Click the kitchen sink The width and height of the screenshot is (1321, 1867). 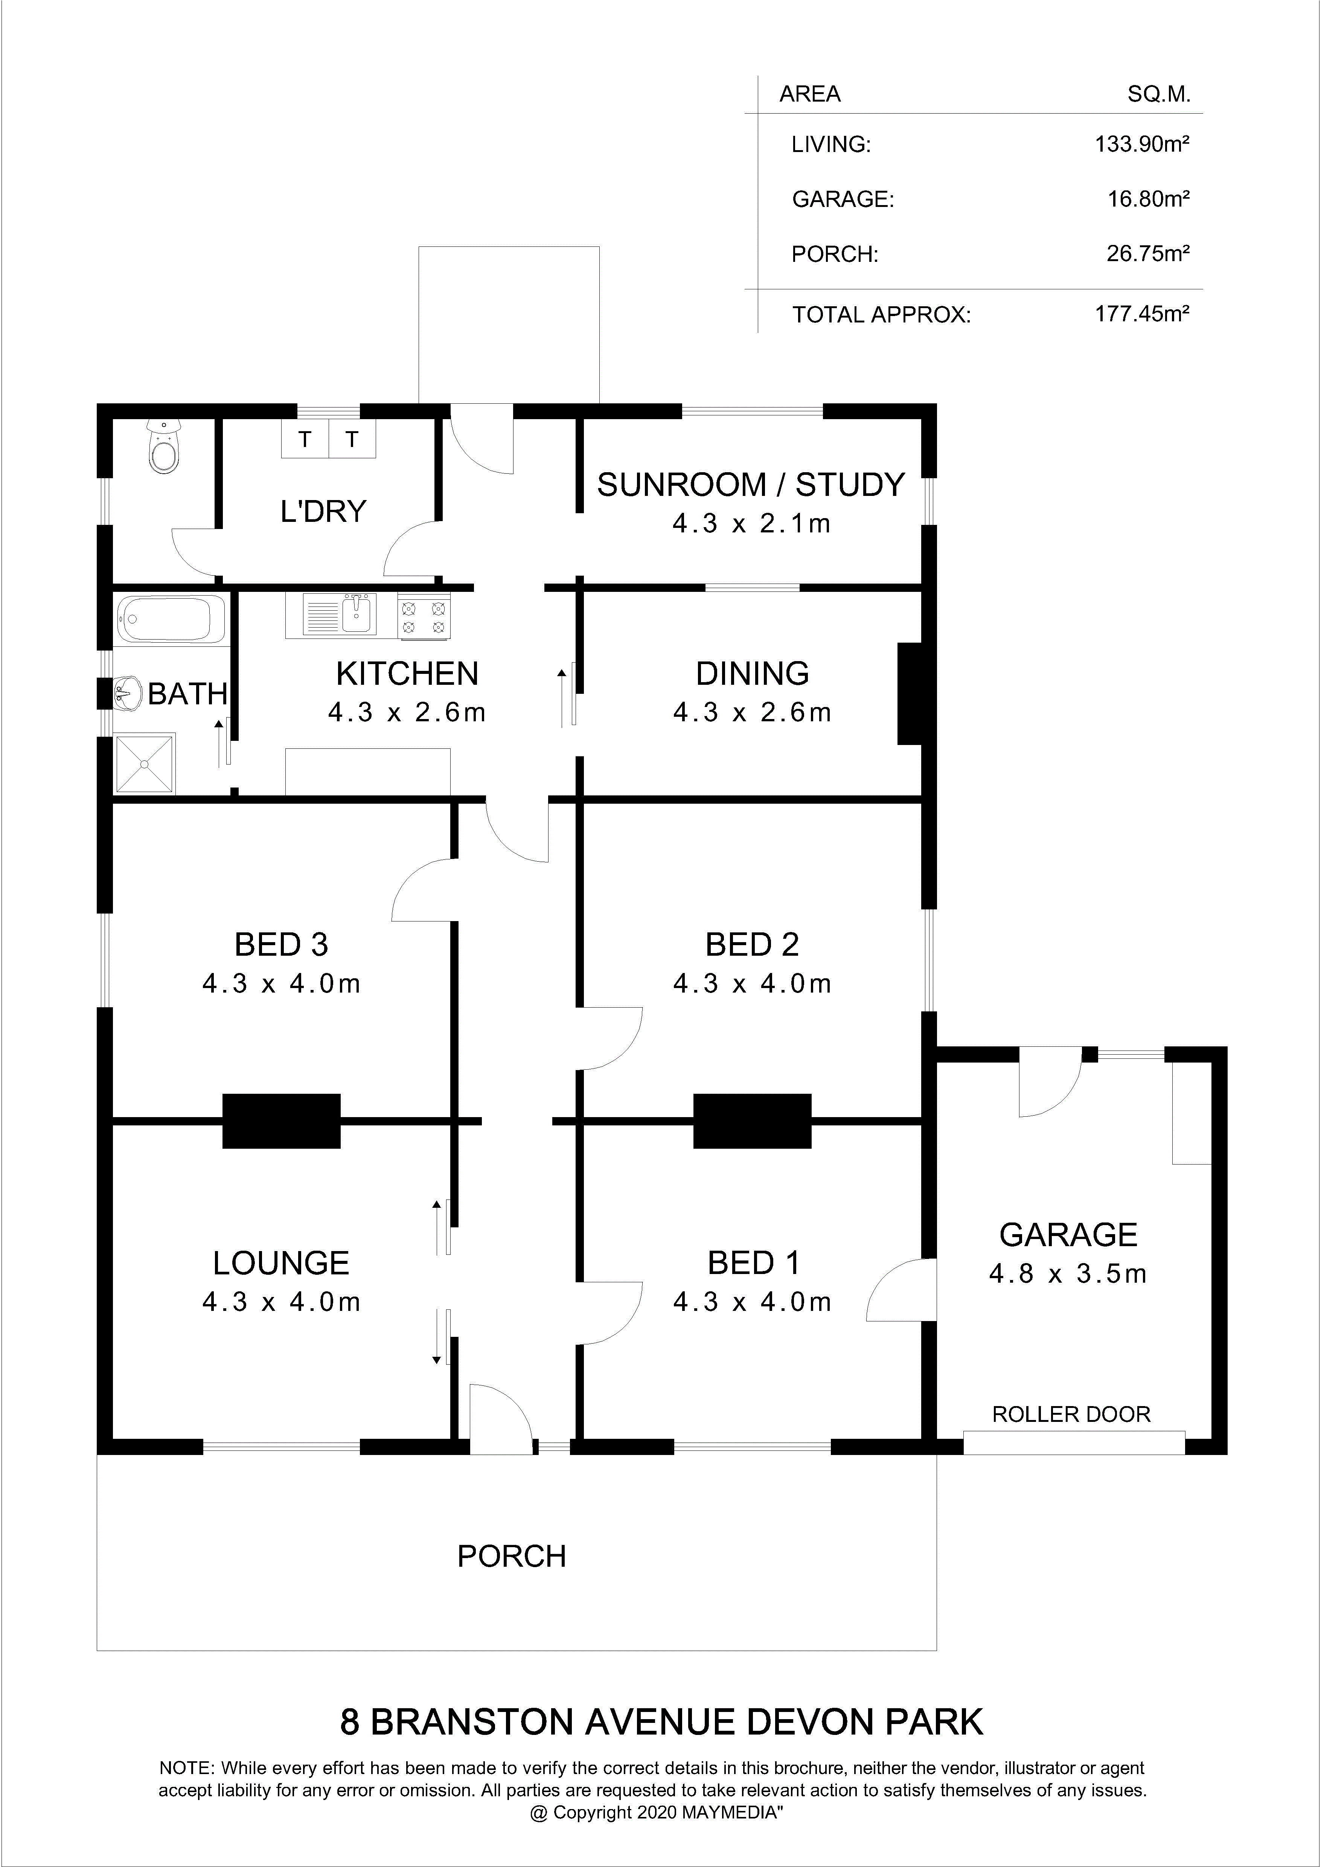(340, 615)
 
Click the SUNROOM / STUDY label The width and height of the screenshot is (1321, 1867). (751, 485)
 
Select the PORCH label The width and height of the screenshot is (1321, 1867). (512, 1555)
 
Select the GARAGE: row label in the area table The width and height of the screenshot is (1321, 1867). (843, 199)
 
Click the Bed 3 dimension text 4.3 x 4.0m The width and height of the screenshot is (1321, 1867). (282, 984)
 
